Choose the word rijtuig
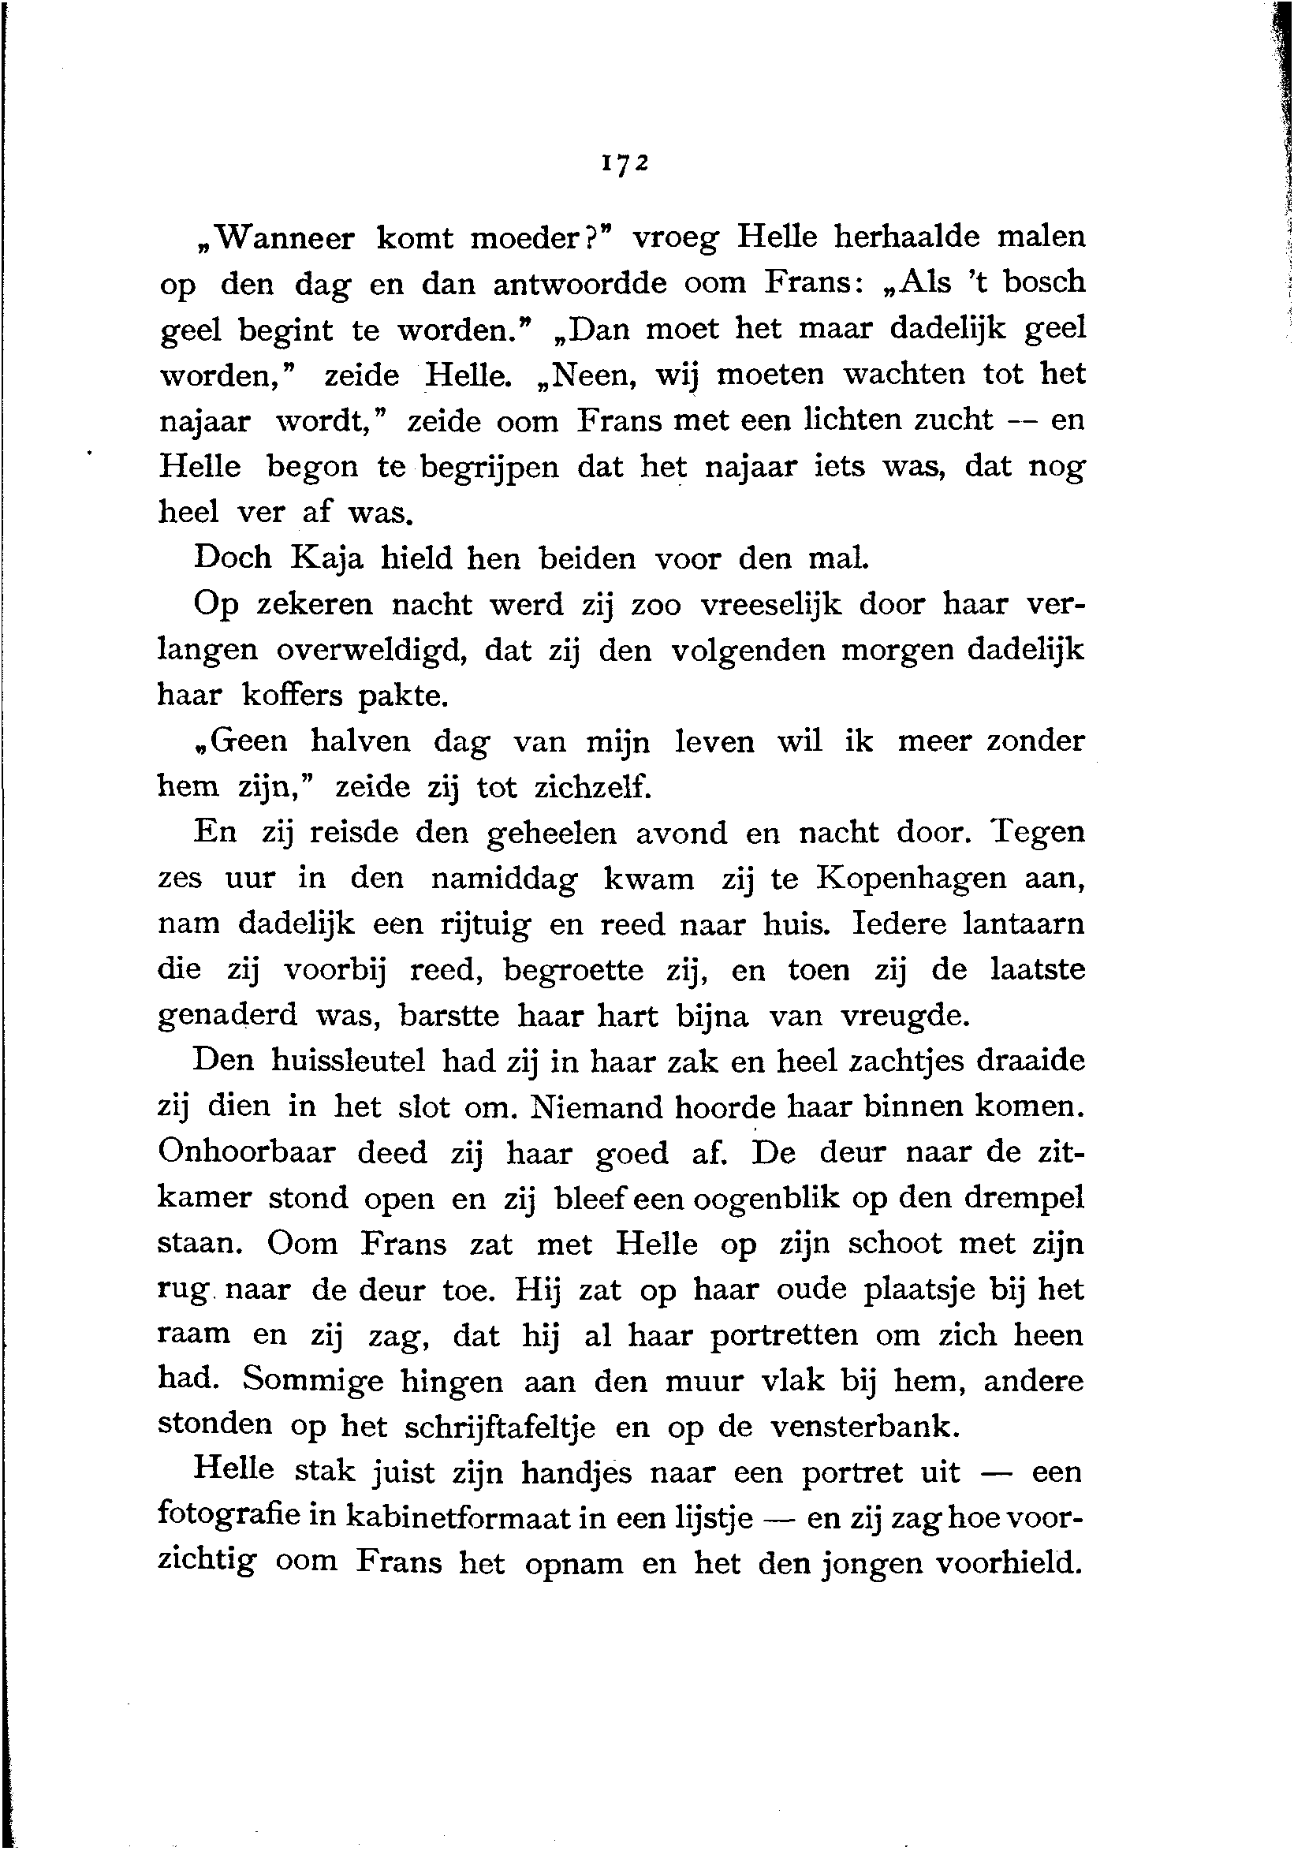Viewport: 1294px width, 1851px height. [484, 924]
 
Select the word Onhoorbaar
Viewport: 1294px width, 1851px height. [247, 1153]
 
